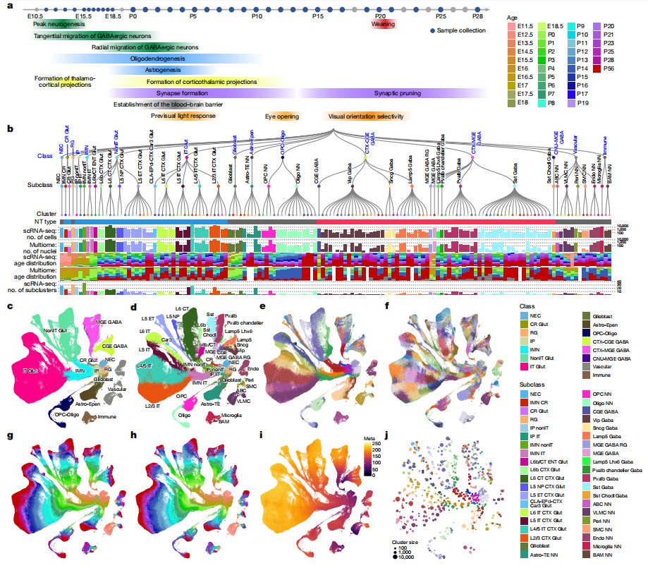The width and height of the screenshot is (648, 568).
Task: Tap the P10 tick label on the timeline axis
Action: point(257,15)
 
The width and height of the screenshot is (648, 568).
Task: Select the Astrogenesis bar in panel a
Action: point(163,70)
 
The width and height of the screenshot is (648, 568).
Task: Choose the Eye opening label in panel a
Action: point(281,116)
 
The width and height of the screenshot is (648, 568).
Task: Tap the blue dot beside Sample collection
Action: point(432,30)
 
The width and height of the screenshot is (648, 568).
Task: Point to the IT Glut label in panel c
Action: point(30,370)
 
